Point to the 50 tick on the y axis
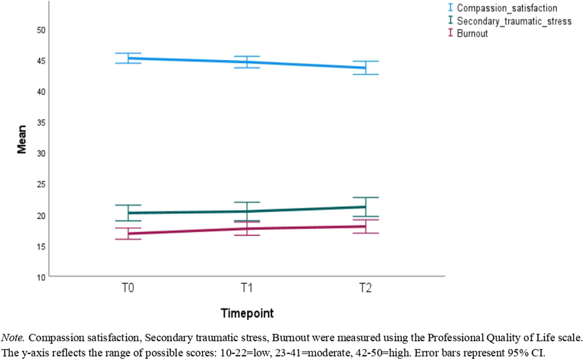click(40, 30)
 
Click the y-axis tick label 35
click(40, 123)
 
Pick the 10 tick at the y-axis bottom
click(40, 277)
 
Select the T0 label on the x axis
click(128, 290)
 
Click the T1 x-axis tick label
click(247, 290)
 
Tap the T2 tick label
click(365, 290)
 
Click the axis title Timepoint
click(247, 314)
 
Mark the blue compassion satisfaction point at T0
click(128, 58)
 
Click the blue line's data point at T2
click(365, 68)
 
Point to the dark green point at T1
click(247, 211)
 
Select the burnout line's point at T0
click(128, 234)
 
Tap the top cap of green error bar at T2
click(365, 197)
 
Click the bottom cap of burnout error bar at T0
click(128, 239)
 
